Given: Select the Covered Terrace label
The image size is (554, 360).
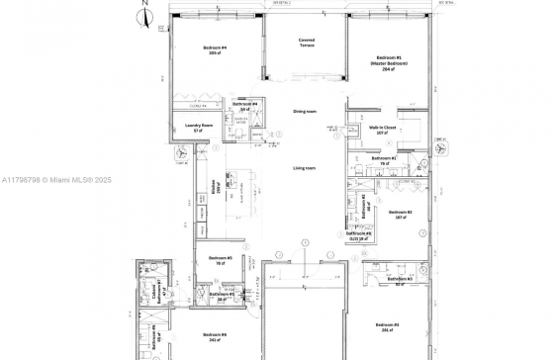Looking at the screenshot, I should pyautogui.click(x=307, y=43).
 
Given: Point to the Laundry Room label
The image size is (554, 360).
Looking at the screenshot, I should pyautogui.click(x=201, y=127).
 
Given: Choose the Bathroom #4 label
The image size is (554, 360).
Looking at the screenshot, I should pyautogui.click(x=244, y=106).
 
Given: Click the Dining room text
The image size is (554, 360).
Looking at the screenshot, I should pyautogui.click(x=304, y=112).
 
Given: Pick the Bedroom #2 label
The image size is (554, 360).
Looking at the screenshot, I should pyautogui.click(x=400, y=215).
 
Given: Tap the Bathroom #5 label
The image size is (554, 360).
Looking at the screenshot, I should pyautogui.click(x=221, y=294).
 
